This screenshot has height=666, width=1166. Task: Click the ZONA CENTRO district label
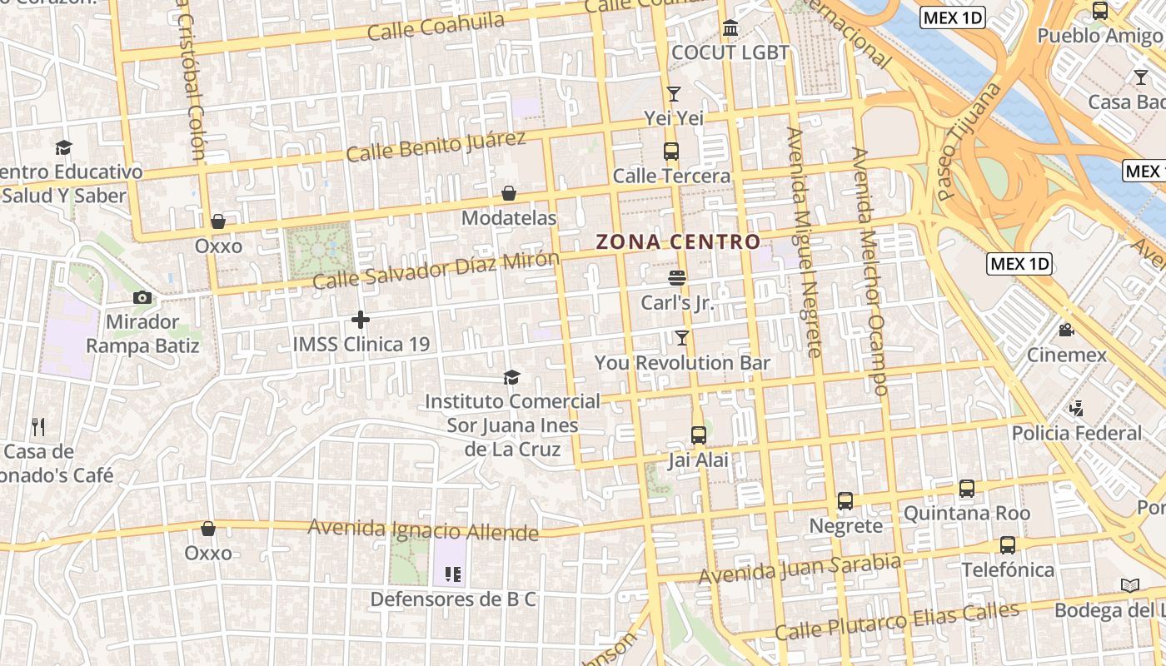(678, 242)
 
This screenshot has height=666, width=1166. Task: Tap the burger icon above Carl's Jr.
(677, 277)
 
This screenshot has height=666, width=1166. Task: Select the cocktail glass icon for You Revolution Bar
(682, 337)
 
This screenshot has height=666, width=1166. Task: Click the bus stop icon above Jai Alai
(699, 435)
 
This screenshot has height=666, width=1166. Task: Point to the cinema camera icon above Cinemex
(1066, 330)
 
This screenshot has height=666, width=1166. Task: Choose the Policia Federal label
(1076, 433)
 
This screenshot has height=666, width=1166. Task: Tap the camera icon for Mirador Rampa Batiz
(142, 297)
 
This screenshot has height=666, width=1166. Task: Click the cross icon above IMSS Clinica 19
(361, 319)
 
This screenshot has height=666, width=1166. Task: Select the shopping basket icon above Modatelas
(509, 193)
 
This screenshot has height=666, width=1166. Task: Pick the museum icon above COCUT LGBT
(730, 28)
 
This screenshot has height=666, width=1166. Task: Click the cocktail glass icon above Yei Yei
(674, 93)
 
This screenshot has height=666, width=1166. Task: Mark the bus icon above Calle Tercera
(671, 152)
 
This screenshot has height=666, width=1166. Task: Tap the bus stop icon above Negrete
(845, 501)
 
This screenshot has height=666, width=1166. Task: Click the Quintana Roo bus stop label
(966, 513)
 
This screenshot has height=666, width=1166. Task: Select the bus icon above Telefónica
(1008, 545)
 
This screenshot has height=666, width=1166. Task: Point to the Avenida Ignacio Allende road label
(423, 529)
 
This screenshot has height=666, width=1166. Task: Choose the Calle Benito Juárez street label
(436, 147)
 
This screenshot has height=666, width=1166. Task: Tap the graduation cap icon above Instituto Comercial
(511, 377)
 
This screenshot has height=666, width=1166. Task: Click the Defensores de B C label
(453, 599)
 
